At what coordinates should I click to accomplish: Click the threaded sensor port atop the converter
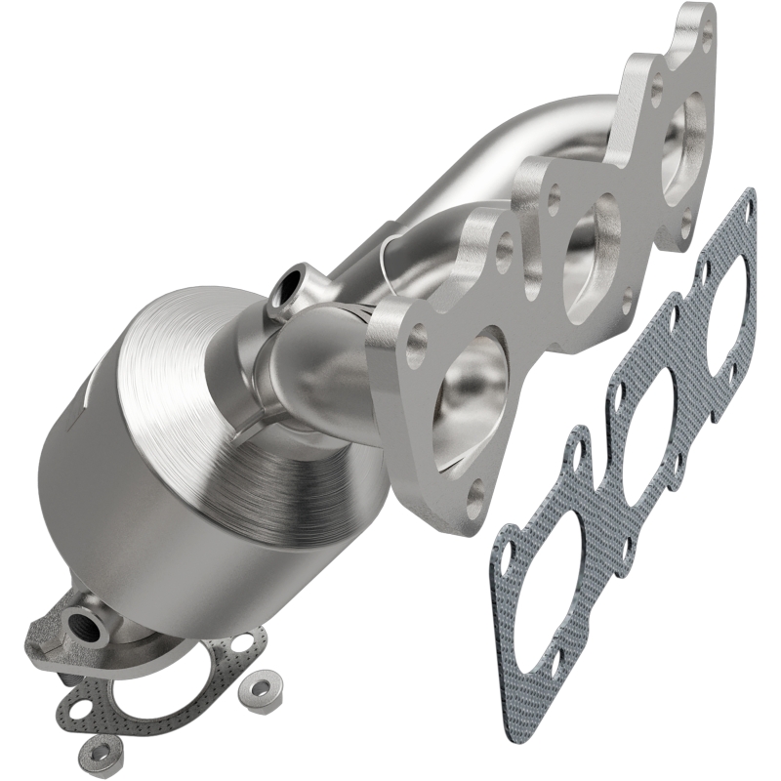pos(289,287)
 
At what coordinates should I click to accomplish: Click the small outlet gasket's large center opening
pos(156,683)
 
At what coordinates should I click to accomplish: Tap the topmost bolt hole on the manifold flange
pos(706,40)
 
